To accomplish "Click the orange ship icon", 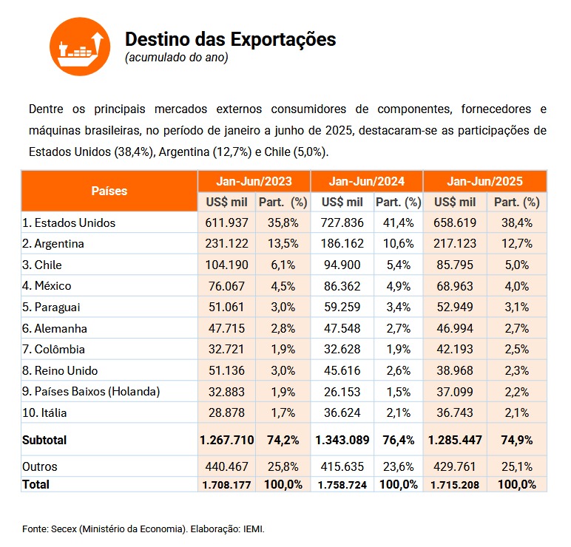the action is pos(80,47).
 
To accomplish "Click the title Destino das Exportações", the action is pos(231,39).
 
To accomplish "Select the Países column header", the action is pos(109,191).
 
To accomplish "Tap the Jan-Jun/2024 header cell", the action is pos(367,181).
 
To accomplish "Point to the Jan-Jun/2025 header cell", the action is pos(484,181).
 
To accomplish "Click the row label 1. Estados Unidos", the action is pos(69,222).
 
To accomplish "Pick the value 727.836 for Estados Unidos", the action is pos(342,222).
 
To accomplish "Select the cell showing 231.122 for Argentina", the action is pos(226,243).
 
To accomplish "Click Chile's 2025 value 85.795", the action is pos(455,265).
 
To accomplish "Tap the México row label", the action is pos(47,285).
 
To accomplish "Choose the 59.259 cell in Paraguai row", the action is pos(342,308).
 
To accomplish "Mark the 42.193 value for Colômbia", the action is pos(455,349).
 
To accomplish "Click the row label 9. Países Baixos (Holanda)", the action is pos(91,392).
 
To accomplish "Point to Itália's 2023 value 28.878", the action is pos(226,412).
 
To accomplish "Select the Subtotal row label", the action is pos(44,440).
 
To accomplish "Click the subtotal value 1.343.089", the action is pos(342,440).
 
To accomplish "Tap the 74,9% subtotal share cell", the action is pos(517,440).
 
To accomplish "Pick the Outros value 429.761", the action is pos(455,466).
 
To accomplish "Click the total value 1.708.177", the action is pos(226,485).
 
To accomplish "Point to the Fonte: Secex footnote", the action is pos(143,529).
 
